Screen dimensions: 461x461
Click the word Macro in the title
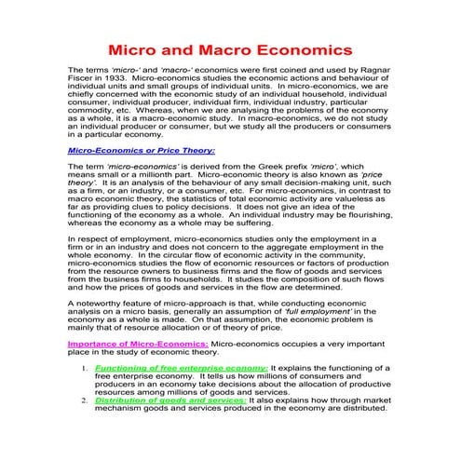219,47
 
